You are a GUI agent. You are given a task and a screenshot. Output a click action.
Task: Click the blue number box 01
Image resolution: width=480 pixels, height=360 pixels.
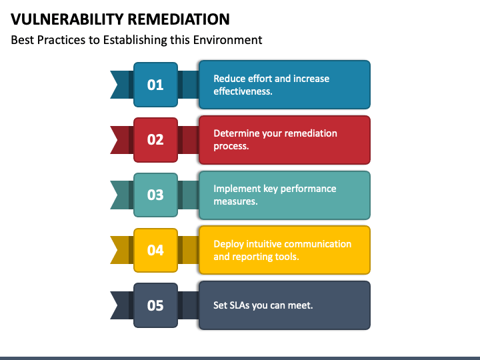pos(155,85)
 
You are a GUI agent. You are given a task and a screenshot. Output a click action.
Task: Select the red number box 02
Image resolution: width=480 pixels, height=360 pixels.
pos(155,139)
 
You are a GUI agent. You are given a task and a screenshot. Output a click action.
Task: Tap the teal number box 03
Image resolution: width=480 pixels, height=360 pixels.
pos(155,195)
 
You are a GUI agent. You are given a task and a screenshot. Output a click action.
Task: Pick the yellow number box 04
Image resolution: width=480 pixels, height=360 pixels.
pos(155,250)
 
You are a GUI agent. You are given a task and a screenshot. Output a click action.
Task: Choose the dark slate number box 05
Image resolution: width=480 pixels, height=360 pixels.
pos(155,305)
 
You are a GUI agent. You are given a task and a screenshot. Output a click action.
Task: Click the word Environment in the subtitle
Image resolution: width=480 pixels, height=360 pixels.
pos(227,40)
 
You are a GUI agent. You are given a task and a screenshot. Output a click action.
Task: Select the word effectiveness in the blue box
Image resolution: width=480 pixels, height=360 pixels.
pos(242,91)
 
